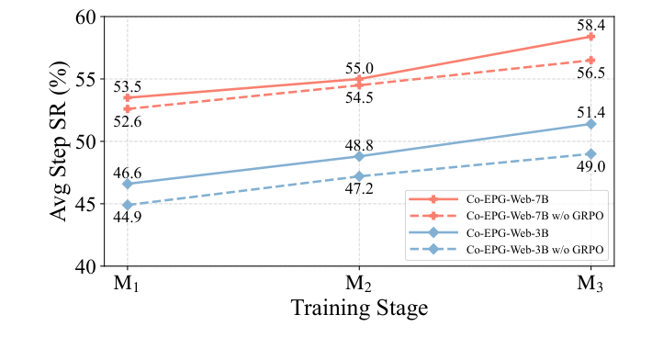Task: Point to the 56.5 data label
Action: (x=590, y=73)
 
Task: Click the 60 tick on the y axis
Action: (x=81, y=17)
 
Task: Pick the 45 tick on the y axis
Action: (x=81, y=205)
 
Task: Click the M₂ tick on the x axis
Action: (x=359, y=284)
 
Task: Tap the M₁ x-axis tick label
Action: (x=128, y=284)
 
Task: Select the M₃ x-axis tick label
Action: (x=590, y=284)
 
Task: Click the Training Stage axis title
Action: (x=359, y=309)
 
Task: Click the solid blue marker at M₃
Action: (x=590, y=124)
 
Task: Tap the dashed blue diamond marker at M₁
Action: (x=128, y=205)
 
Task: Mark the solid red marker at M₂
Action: (x=359, y=79)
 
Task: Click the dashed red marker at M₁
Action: (x=128, y=108)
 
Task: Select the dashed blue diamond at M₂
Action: (x=359, y=176)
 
